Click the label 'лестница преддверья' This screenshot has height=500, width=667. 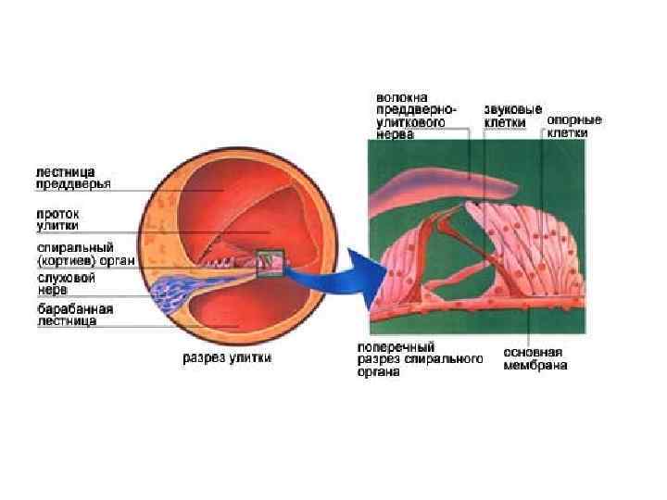[73, 178]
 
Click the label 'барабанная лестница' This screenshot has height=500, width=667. [75, 314]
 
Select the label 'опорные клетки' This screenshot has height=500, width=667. [574, 126]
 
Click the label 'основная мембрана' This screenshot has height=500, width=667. [535, 358]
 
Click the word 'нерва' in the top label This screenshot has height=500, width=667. [396, 134]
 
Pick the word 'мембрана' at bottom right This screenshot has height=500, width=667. [535, 366]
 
